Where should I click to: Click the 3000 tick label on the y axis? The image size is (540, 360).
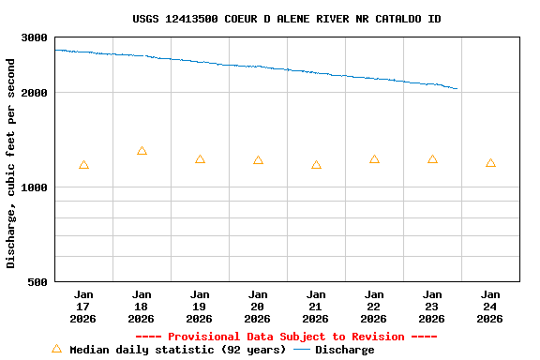point(35,37)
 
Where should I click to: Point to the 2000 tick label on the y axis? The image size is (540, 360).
point(35,93)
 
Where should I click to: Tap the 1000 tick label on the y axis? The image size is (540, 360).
point(35,187)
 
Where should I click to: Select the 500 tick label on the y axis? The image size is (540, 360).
point(38,282)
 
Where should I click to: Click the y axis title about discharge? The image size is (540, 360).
point(11,163)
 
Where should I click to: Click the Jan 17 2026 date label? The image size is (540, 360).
point(83,307)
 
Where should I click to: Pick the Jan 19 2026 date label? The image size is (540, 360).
point(200,307)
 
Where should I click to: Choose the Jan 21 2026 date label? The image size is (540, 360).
point(316,307)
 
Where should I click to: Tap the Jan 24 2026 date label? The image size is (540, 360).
point(490,307)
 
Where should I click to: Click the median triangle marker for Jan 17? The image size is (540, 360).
point(83,165)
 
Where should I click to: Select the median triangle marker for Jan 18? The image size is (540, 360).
point(142,151)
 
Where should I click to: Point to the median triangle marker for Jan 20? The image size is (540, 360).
point(258,160)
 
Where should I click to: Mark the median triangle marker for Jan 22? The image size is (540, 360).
point(374,159)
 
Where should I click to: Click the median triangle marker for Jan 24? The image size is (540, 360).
point(490,163)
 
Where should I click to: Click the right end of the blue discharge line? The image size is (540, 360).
point(457,89)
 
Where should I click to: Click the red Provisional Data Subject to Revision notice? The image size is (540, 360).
point(287,337)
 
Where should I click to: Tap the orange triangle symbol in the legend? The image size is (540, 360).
point(56,349)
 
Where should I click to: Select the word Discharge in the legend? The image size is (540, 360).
point(344,350)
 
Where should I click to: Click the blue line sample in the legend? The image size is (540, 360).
point(302,350)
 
